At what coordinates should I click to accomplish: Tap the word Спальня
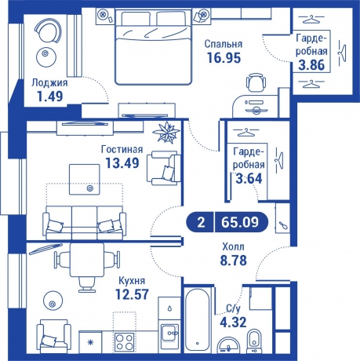coord(223,44)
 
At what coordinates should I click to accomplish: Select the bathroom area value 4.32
coord(230,321)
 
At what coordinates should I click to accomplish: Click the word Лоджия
coord(49,82)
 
